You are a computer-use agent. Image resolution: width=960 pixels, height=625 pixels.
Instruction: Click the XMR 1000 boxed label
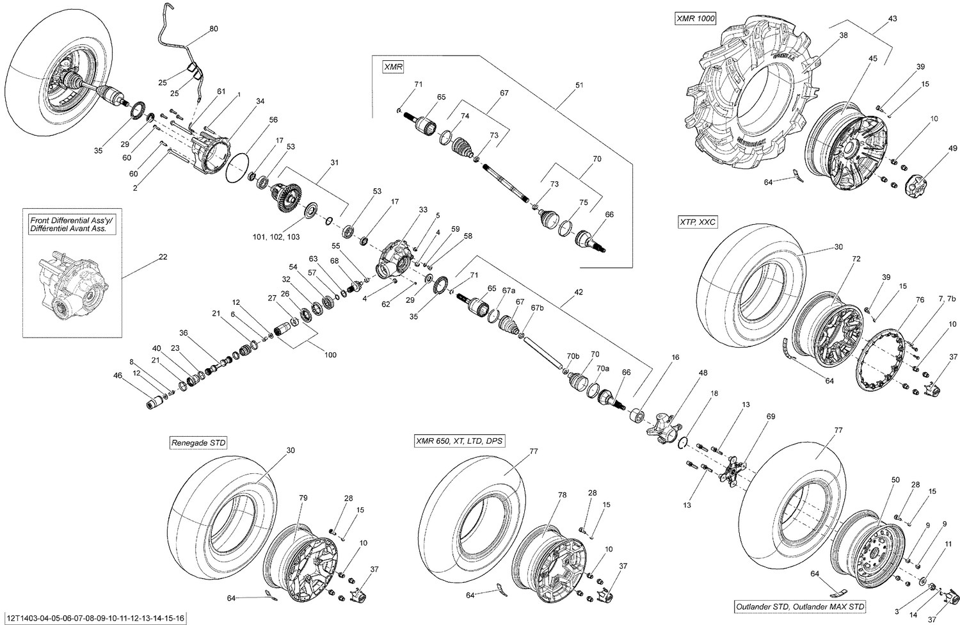click(694, 19)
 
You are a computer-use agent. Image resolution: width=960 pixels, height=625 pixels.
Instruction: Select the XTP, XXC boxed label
click(698, 222)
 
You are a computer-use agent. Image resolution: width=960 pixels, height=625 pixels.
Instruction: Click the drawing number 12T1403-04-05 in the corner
click(94, 618)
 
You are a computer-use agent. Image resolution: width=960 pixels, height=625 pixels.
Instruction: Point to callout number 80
click(213, 29)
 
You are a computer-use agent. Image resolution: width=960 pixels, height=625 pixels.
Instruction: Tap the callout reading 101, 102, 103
click(275, 237)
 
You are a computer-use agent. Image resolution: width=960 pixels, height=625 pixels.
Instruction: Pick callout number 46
click(117, 375)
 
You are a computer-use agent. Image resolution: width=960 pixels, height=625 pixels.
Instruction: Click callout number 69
click(771, 417)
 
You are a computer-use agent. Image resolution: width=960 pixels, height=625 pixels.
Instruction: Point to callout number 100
click(330, 355)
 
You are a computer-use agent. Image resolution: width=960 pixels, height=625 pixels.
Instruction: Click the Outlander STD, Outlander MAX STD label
click(800, 606)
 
